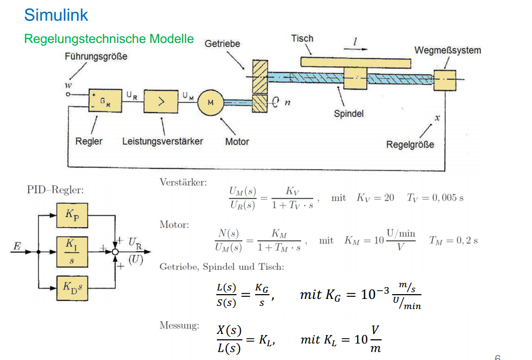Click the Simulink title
click(x=56, y=15)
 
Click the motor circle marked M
click(x=210, y=102)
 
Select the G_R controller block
click(x=105, y=101)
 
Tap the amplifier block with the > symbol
click(x=161, y=101)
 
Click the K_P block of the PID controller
click(x=72, y=215)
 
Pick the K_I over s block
click(x=72, y=252)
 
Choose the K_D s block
click(x=72, y=288)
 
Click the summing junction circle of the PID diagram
click(x=115, y=252)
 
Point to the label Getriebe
click(x=222, y=44)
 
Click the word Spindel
click(x=349, y=114)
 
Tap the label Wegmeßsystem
click(x=447, y=50)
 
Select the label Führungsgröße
click(x=96, y=56)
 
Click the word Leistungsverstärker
click(x=163, y=141)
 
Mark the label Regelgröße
click(x=410, y=145)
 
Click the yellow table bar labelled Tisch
click(x=356, y=63)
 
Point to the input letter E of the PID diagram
click(x=17, y=246)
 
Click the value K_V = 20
click(x=375, y=198)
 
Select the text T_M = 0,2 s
click(x=453, y=241)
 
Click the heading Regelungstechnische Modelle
click(x=109, y=39)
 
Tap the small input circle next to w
click(x=68, y=95)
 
